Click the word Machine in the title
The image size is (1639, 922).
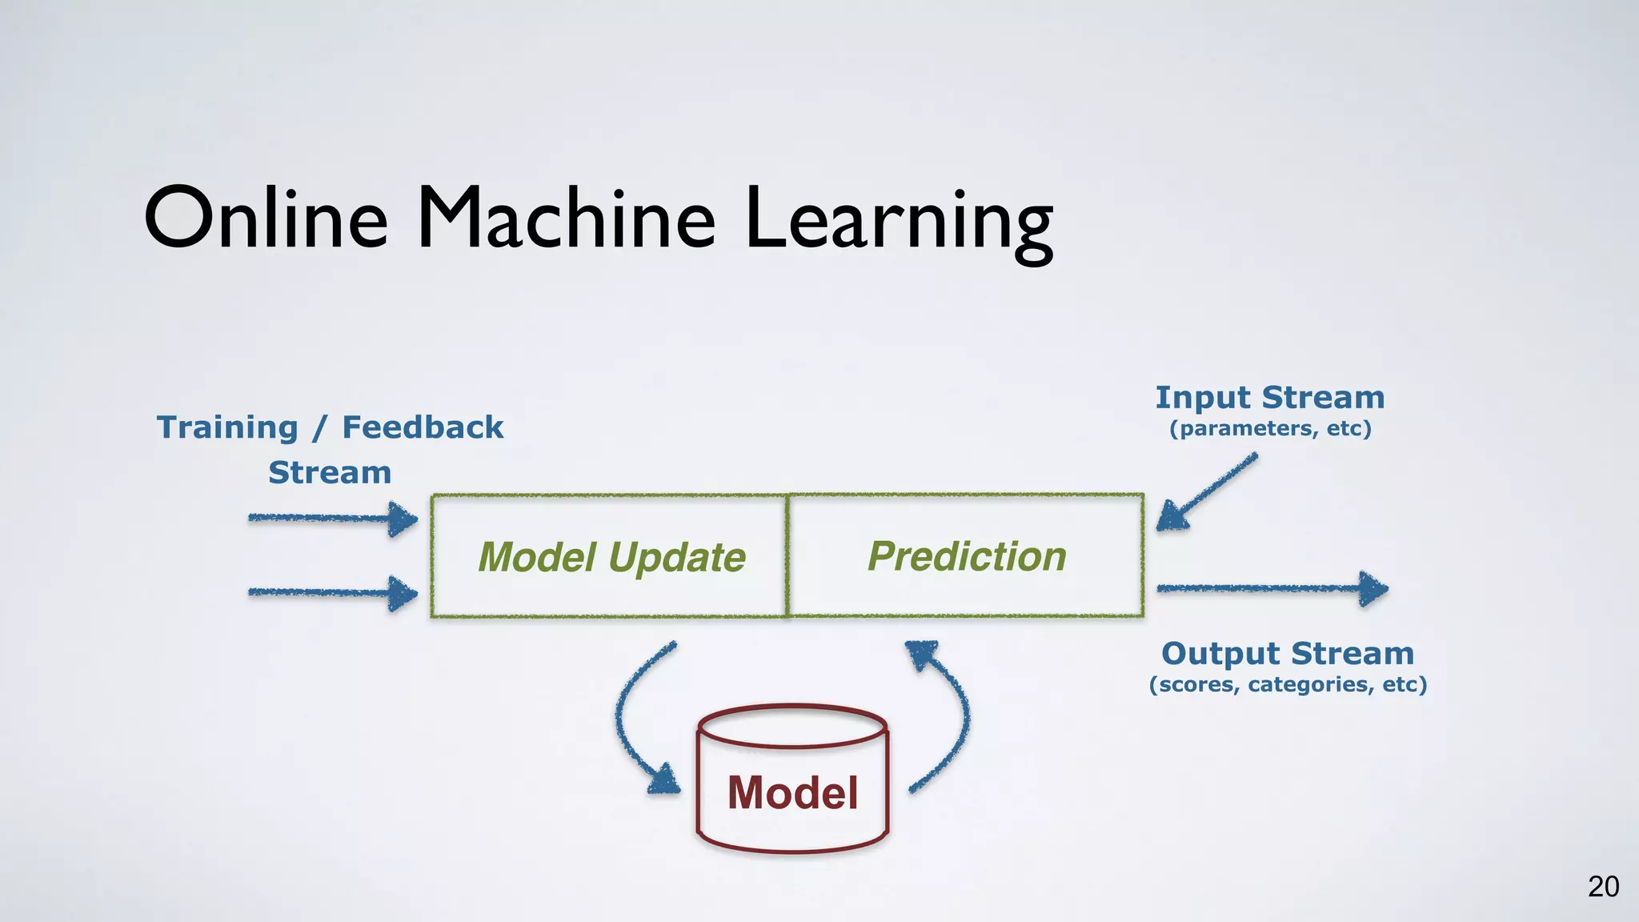point(566,218)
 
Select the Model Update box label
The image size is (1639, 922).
point(611,557)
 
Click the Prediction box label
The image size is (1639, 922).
point(967,556)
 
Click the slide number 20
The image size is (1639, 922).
point(1603,887)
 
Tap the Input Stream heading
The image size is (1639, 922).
point(1269,397)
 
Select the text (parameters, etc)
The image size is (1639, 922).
point(1270,428)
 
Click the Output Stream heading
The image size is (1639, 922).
point(1287,653)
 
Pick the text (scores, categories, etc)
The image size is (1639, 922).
point(1288,684)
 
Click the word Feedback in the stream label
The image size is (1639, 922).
point(423,427)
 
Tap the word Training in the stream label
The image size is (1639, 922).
point(227,427)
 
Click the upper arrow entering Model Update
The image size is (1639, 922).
point(332,519)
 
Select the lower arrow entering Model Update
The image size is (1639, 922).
point(332,593)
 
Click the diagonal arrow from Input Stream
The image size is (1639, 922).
point(1207,492)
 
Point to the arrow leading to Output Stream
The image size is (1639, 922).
point(1272,589)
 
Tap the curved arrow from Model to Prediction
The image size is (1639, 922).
point(952,712)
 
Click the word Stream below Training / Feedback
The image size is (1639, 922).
point(330,473)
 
